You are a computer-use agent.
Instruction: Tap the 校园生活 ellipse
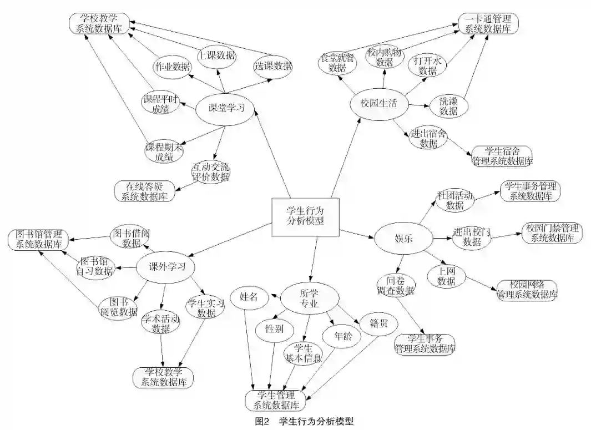[378, 104]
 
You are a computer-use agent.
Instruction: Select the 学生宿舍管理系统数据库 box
[501, 156]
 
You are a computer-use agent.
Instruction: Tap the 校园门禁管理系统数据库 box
[552, 233]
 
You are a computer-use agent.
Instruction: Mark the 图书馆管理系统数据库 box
[38, 239]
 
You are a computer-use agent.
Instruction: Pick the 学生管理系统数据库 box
[276, 400]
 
